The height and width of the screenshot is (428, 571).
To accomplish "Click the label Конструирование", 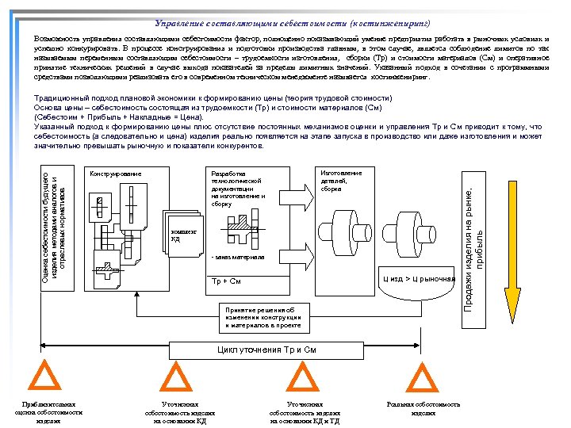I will (116, 173).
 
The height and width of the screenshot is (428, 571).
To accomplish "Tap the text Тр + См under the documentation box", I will (226, 281).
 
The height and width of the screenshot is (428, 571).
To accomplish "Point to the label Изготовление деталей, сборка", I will (342, 181).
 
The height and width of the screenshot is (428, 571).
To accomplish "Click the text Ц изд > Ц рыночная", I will (418, 279).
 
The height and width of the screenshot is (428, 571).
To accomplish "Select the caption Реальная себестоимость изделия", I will (423, 409).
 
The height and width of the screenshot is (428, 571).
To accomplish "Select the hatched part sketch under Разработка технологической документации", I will (238, 230).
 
